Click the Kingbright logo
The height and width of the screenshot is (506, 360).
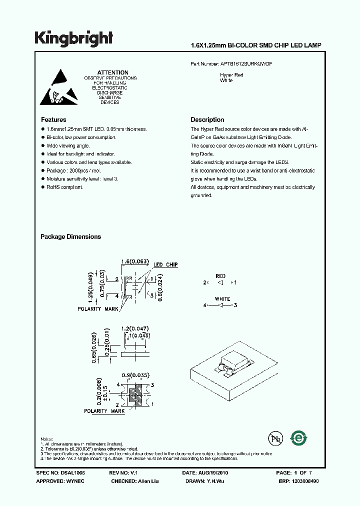pos(73,38)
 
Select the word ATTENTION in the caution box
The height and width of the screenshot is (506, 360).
pos(112,72)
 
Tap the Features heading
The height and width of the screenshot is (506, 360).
pos(53,120)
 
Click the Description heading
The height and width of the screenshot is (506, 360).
pos(207,120)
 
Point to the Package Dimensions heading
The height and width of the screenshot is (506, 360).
pos(70,237)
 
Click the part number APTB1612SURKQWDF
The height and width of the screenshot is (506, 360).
pos(246,64)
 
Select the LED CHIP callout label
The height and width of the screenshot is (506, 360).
pos(165,264)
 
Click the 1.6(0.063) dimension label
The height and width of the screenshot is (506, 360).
pos(135,261)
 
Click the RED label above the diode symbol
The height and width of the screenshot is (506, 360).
pos(220,276)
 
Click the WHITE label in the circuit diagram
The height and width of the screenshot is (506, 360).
pos(222,299)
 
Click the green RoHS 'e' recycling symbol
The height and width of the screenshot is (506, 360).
pos(299,438)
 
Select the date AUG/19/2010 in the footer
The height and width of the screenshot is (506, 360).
pos(216,472)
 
